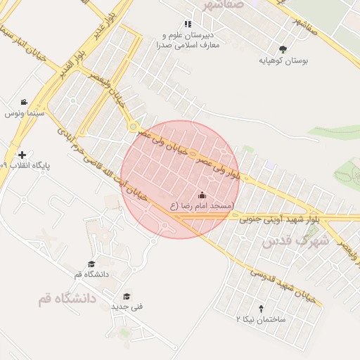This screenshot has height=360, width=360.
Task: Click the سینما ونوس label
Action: pyautogui.click(x=25, y=112)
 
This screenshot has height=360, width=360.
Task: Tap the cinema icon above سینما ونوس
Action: pyautogui.click(x=25, y=102)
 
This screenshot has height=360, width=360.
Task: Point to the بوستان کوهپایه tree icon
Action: pyautogui.click(x=283, y=49)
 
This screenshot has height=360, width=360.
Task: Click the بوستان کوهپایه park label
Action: pyautogui.click(x=283, y=61)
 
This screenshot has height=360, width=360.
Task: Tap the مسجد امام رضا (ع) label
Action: pyautogui.click(x=202, y=206)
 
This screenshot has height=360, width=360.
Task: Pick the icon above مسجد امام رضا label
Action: pyautogui.click(x=202, y=195)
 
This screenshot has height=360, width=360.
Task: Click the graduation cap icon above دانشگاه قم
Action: pyautogui.click(x=91, y=264)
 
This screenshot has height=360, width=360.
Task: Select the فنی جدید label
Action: pyautogui.click(x=127, y=307)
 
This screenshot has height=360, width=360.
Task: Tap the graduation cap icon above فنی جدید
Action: pyautogui.click(x=127, y=296)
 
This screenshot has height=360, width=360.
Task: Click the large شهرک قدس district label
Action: pyautogui.click(x=295, y=241)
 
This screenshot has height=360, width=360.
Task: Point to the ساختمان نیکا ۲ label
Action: pyautogui.click(x=260, y=319)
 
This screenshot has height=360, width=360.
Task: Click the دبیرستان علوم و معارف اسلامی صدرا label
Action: pyautogui.click(x=190, y=39)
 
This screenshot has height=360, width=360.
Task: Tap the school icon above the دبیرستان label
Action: pyautogui.click(x=187, y=25)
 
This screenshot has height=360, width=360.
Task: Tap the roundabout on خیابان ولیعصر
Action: pyautogui.click(x=133, y=127)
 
